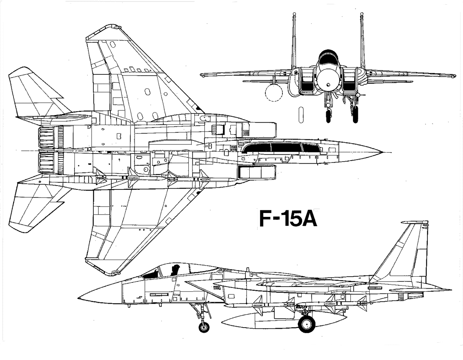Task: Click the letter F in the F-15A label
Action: [x=265, y=218]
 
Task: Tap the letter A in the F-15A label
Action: [x=309, y=218]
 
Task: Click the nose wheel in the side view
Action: [x=204, y=327]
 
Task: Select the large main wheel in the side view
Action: [x=307, y=324]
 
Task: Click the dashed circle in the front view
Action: [x=274, y=93]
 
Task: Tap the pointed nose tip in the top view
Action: [x=382, y=152]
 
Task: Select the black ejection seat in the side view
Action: [x=176, y=270]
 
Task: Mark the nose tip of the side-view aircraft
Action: [x=78, y=297]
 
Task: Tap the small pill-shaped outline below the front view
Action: [x=301, y=115]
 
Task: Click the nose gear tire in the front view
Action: [x=329, y=116]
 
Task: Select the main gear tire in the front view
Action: [x=355, y=114]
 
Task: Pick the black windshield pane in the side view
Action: [x=151, y=274]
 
